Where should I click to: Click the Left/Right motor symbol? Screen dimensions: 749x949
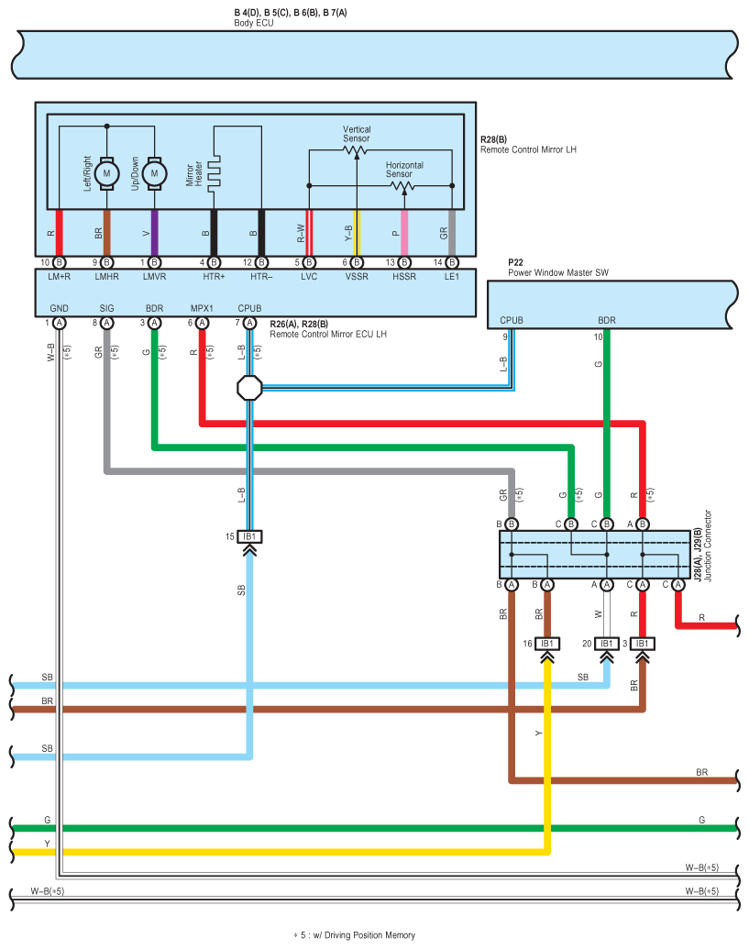[106, 173]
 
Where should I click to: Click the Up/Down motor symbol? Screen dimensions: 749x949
[154, 173]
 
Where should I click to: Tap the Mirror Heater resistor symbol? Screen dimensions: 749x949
[214, 173]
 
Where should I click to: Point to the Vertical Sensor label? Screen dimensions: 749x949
[357, 134]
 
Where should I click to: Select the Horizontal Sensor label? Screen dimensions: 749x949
[404, 170]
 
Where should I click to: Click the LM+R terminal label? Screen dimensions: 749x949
[60, 277]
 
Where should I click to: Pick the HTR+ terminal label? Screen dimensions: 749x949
[214, 277]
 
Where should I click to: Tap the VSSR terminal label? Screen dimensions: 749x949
[357, 277]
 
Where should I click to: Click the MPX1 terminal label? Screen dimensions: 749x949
[202, 308]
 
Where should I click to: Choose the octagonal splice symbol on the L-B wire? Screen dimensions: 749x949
[249, 388]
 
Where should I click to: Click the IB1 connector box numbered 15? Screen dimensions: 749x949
[249, 536]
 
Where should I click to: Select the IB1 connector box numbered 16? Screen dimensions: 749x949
[547, 644]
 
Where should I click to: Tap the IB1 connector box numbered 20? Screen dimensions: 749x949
[606, 644]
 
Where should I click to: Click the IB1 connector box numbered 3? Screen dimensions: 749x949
[642, 644]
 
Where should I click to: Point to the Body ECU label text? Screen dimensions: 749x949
[254, 23]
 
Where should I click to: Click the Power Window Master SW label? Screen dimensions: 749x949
[557, 272]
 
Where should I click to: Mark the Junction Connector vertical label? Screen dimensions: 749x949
[708, 546]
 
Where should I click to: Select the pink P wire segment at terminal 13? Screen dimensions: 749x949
[404, 233]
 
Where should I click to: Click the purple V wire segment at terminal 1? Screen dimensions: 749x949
[154, 233]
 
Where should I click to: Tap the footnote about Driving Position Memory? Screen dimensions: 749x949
[355, 935]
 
